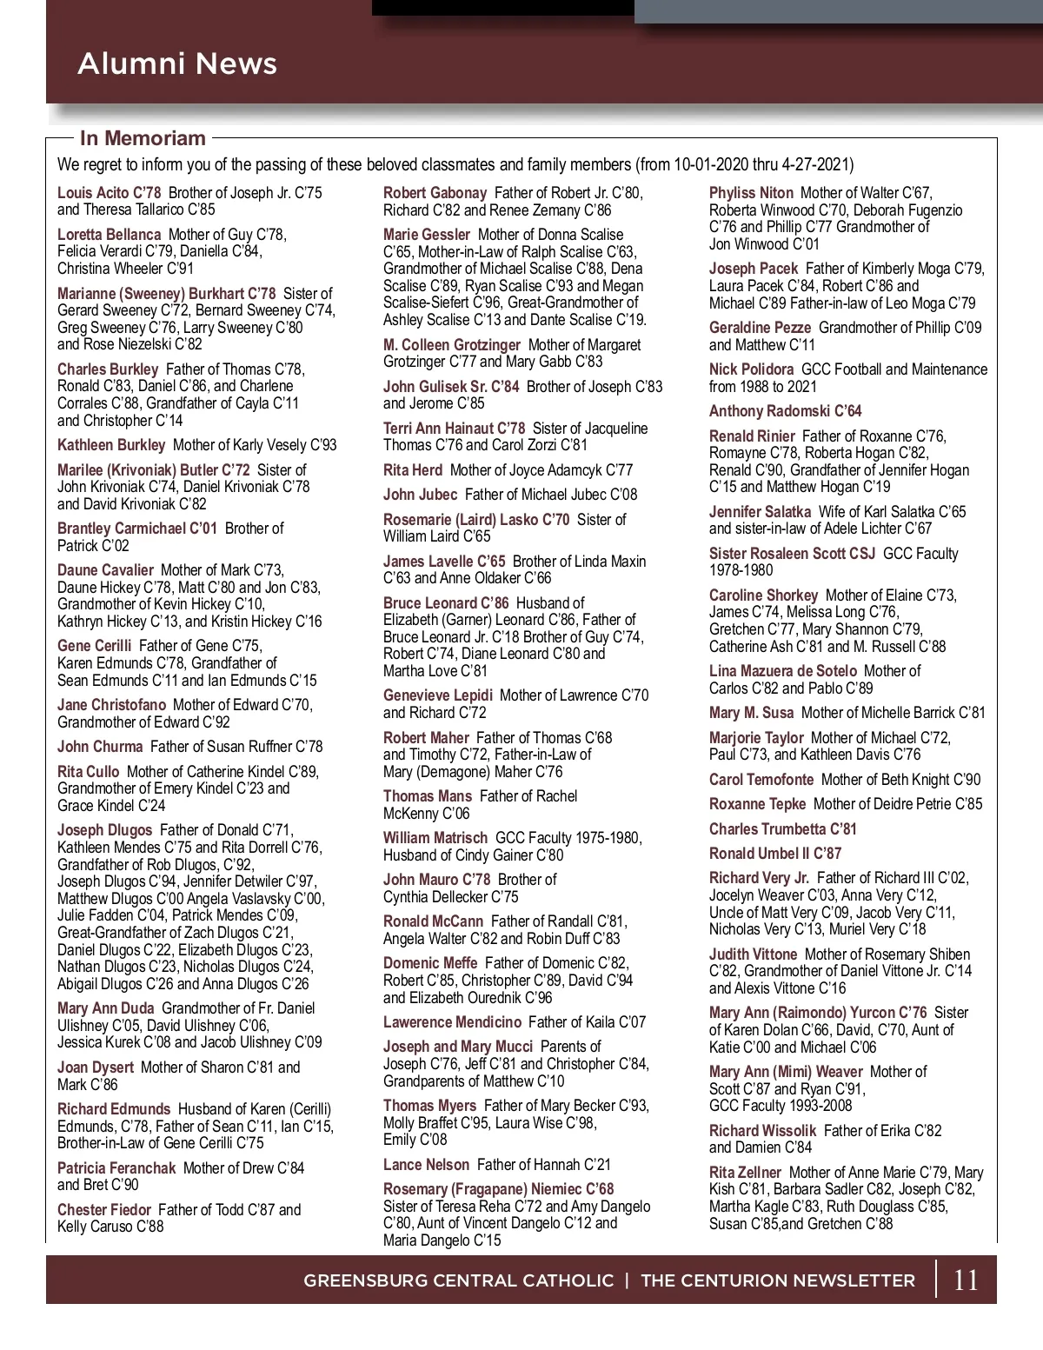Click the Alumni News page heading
(177, 63)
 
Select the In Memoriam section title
(143, 138)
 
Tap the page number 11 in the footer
(966, 1280)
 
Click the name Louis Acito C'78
(110, 193)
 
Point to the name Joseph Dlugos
(104, 830)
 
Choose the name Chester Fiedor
(104, 1210)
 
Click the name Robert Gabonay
(435, 193)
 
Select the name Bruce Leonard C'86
(446, 602)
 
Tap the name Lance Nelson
(426, 1165)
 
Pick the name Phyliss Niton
(751, 193)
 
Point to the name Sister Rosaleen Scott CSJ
(792, 554)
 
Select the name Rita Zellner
(745, 1173)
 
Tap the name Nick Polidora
(751, 369)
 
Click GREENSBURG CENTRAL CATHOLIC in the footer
(458, 1280)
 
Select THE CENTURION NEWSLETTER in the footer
(778, 1280)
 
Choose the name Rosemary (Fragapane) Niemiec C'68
(498, 1189)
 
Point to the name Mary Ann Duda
(105, 1008)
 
